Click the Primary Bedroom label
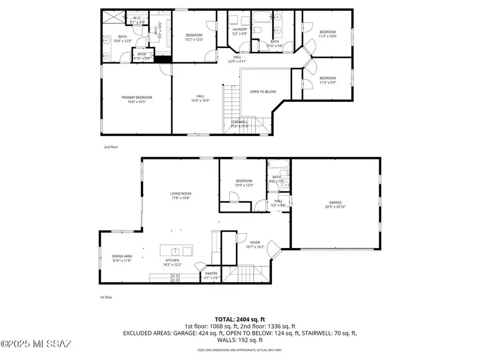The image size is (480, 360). [137, 97]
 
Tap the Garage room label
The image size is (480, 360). [335, 202]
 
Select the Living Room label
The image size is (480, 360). [181, 194]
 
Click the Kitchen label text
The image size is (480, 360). [172, 260]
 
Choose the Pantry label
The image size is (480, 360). [211, 273]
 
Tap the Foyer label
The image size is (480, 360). [255, 243]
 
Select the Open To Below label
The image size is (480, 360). [263, 92]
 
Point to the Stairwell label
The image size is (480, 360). [239, 122]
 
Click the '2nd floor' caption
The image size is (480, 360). [110, 146]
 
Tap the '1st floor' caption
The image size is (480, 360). [107, 297]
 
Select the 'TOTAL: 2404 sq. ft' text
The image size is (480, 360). [239, 319]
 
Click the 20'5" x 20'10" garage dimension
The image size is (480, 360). [335, 207]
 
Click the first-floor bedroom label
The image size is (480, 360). [244, 181]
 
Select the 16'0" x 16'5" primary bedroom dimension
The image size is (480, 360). [137, 102]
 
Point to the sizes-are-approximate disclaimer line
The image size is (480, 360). [239, 350]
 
